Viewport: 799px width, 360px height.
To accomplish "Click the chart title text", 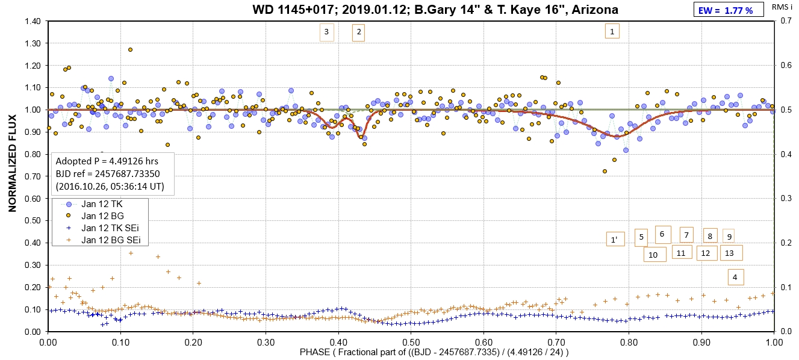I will point(435,10).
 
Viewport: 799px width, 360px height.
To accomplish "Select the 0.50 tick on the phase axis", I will point(411,340).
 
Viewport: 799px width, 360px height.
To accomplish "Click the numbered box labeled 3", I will point(326,33).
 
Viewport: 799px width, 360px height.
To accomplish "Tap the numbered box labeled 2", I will point(359,33).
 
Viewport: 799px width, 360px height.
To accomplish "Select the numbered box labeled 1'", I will point(614,240).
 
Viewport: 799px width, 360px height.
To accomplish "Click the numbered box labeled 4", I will point(735,277).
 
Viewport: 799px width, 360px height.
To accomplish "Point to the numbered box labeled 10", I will point(653,255).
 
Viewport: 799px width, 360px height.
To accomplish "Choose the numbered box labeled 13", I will point(730,253).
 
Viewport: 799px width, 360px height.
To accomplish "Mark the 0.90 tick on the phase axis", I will point(701,340).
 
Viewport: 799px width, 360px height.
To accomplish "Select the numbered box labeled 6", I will point(662,234).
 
